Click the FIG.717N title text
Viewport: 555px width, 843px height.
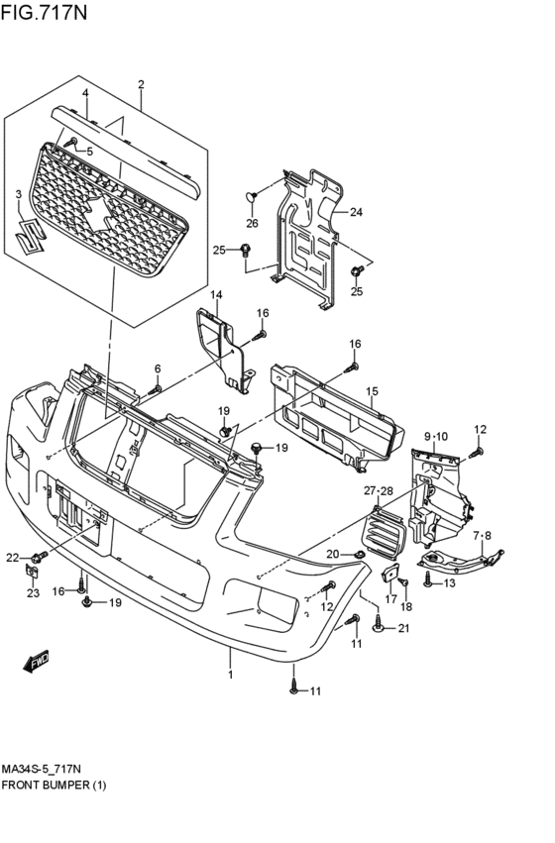(x=44, y=12)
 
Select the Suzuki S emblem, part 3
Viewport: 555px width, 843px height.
(x=30, y=236)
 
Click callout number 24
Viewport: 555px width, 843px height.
(x=356, y=212)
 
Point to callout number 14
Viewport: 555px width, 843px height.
(x=216, y=294)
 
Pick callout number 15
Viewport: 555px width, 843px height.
(x=373, y=391)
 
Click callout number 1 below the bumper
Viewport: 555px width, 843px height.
(x=230, y=675)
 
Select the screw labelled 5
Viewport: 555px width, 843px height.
(x=70, y=142)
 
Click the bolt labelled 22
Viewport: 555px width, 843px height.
(x=40, y=556)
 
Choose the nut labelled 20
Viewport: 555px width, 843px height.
(x=358, y=555)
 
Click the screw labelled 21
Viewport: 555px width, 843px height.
(x=378, y=625)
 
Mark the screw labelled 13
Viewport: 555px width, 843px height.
(x=428, y=580)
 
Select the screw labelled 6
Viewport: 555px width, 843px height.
(x=155, y=389)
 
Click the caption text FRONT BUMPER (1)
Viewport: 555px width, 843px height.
(x=54, y=785)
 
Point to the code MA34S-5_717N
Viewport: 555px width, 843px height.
(x=42, y=769)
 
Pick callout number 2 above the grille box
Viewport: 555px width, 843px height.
(x=141, y=84)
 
